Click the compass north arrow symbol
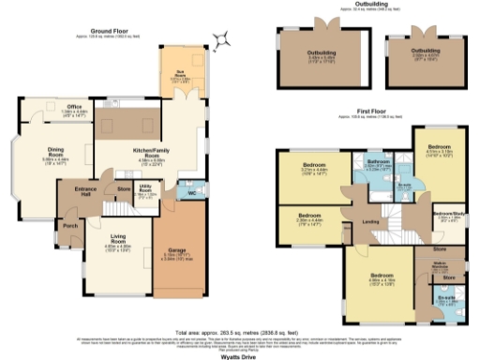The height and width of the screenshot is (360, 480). tap(222, 38)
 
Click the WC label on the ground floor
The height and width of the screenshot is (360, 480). tap(192, 195)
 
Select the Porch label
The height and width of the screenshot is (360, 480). tap(68, 226)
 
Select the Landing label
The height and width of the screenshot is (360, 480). tap(370, 221)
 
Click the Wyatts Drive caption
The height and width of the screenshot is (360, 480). tap(242, 354)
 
